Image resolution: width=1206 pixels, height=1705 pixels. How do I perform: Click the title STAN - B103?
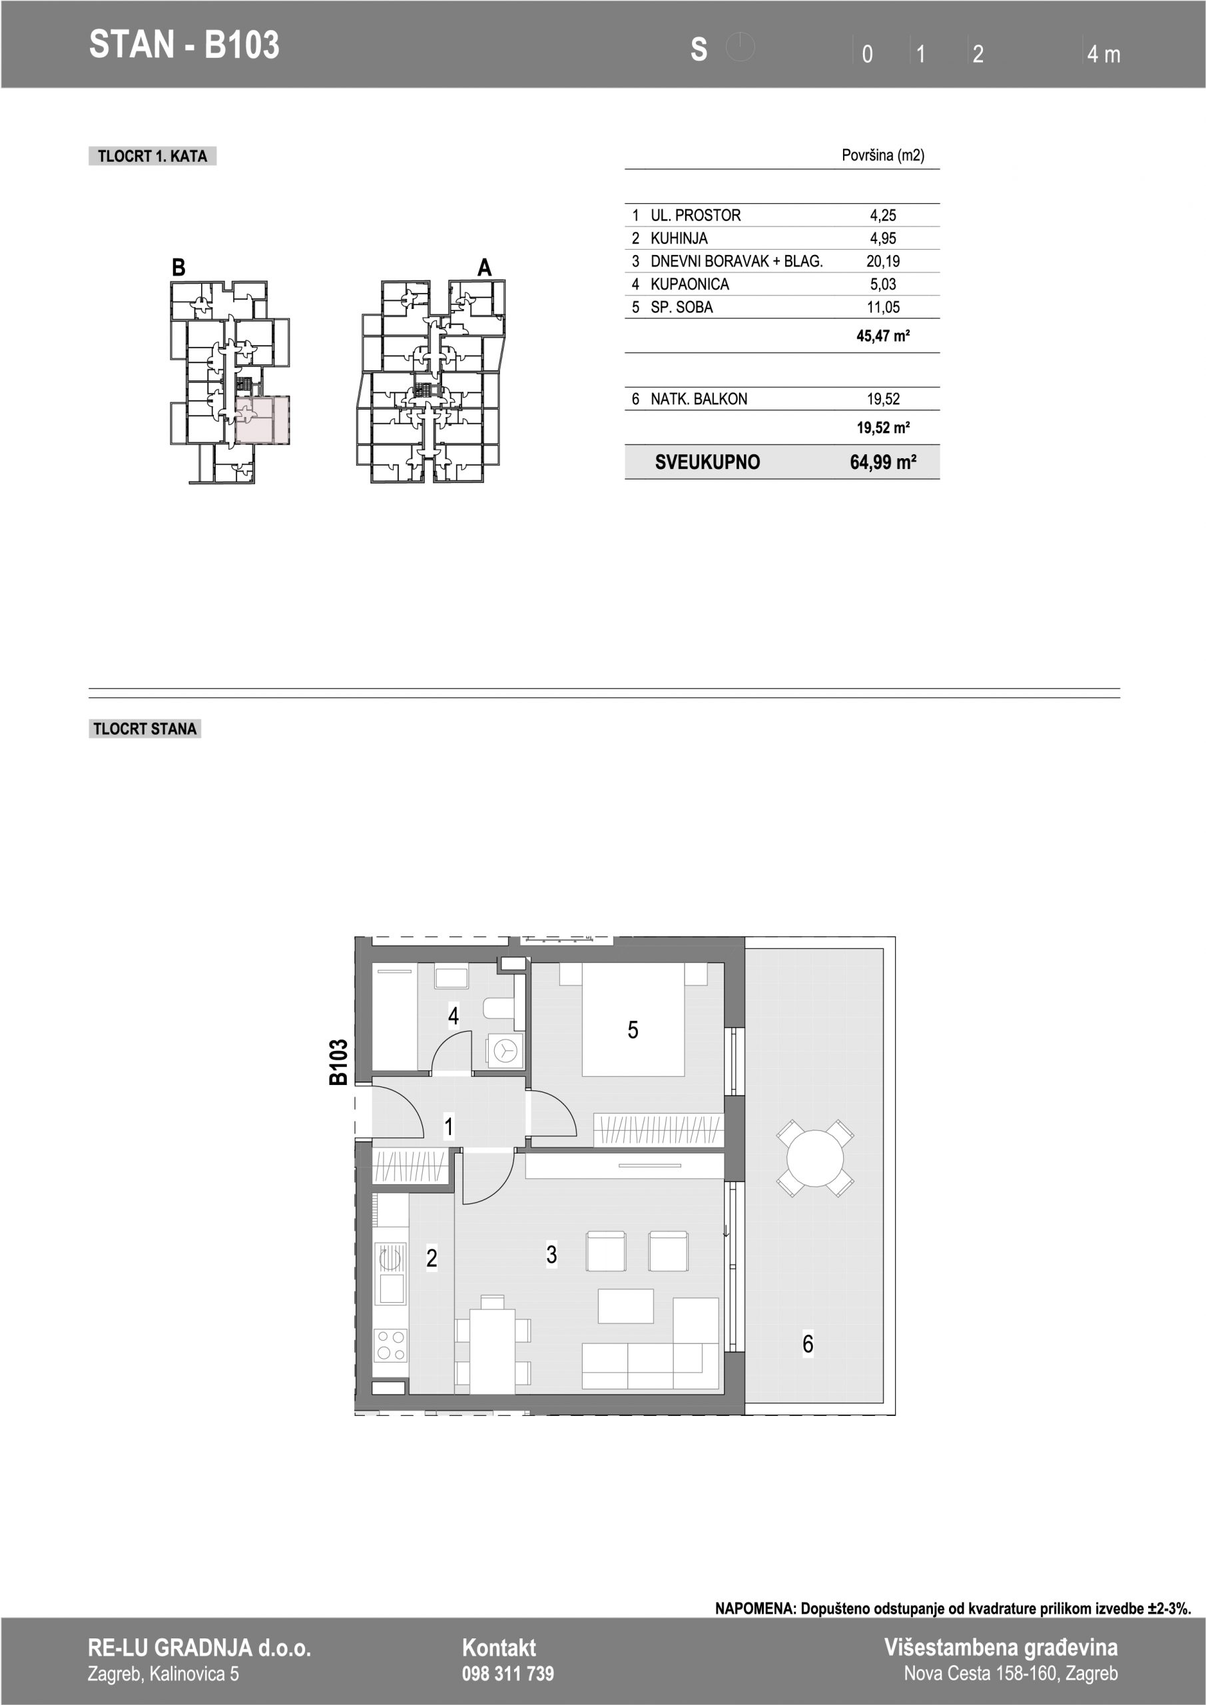point(184,45)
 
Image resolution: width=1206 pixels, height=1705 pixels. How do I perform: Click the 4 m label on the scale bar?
point(1103,54)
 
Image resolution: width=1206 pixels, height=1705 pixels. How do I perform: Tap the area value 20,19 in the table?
point(883,261)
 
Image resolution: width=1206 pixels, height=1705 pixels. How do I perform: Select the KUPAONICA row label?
point(689,284)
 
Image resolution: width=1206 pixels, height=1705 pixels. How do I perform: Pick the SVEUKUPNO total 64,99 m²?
point(883,463)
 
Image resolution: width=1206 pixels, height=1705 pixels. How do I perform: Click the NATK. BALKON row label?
point(699,400)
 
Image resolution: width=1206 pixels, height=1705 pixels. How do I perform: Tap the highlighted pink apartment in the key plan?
point(262,420)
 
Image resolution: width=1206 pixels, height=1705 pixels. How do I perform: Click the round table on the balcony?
point(814,1158)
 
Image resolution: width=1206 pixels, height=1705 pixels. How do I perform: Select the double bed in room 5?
point(633,1019)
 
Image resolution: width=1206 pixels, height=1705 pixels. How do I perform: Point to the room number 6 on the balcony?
point(808,1343)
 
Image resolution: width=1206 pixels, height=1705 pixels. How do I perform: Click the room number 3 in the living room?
point(551,1254)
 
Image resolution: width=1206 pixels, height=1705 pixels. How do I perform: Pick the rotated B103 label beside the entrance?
point(339,1063)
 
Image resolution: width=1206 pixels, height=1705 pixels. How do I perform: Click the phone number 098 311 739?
point(508,1673)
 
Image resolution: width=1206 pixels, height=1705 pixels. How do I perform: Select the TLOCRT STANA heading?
point(145,729)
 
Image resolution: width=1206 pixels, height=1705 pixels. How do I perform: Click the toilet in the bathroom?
point(497,1007)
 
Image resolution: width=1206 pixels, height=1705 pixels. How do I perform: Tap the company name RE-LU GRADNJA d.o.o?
point(199,1648)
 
